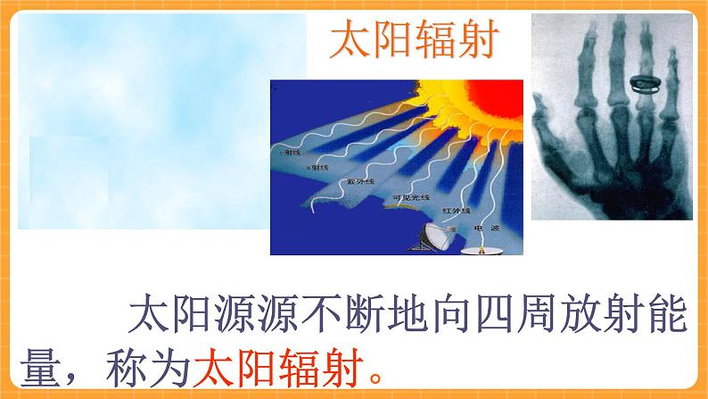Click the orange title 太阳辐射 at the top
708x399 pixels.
coord(413,42)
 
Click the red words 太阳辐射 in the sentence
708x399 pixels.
coord(281,366)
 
